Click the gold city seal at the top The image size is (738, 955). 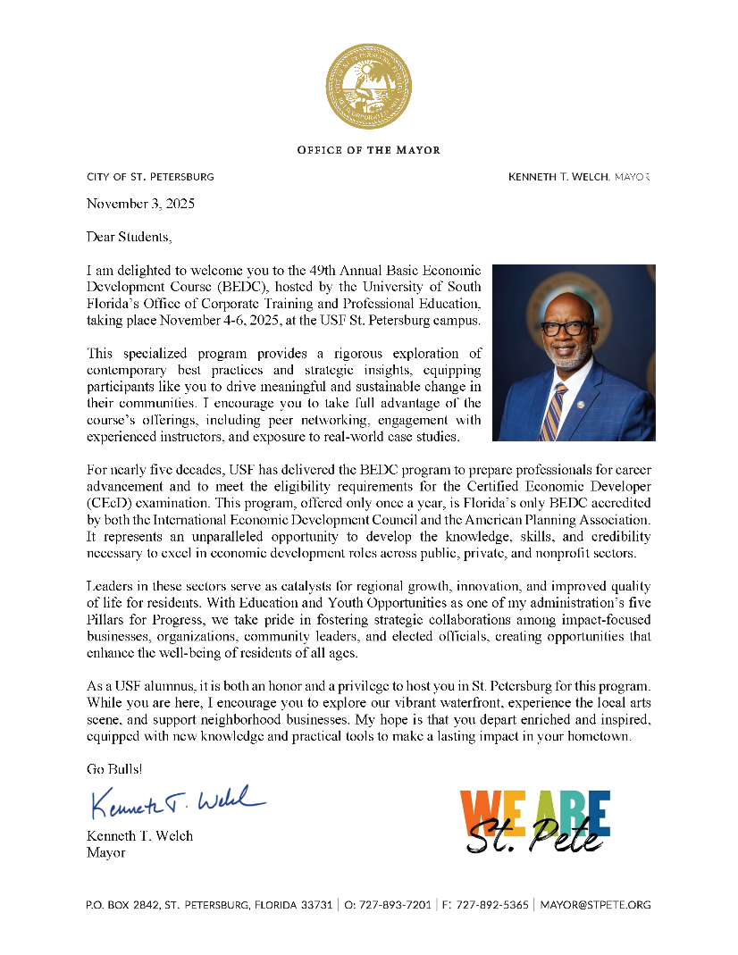point(368,87)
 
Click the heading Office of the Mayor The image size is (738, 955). point(368,150)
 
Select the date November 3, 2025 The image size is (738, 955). point(140,204)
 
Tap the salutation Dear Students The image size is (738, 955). point(128,237)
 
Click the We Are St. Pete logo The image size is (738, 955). point(535,821)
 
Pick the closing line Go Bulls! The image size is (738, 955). point(113,768)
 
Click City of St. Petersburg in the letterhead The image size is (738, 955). point(150,177)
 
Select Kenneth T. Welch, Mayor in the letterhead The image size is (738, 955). point(579,177)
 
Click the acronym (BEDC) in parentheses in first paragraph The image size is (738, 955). point(239,287)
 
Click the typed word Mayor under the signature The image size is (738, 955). point(105,853)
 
